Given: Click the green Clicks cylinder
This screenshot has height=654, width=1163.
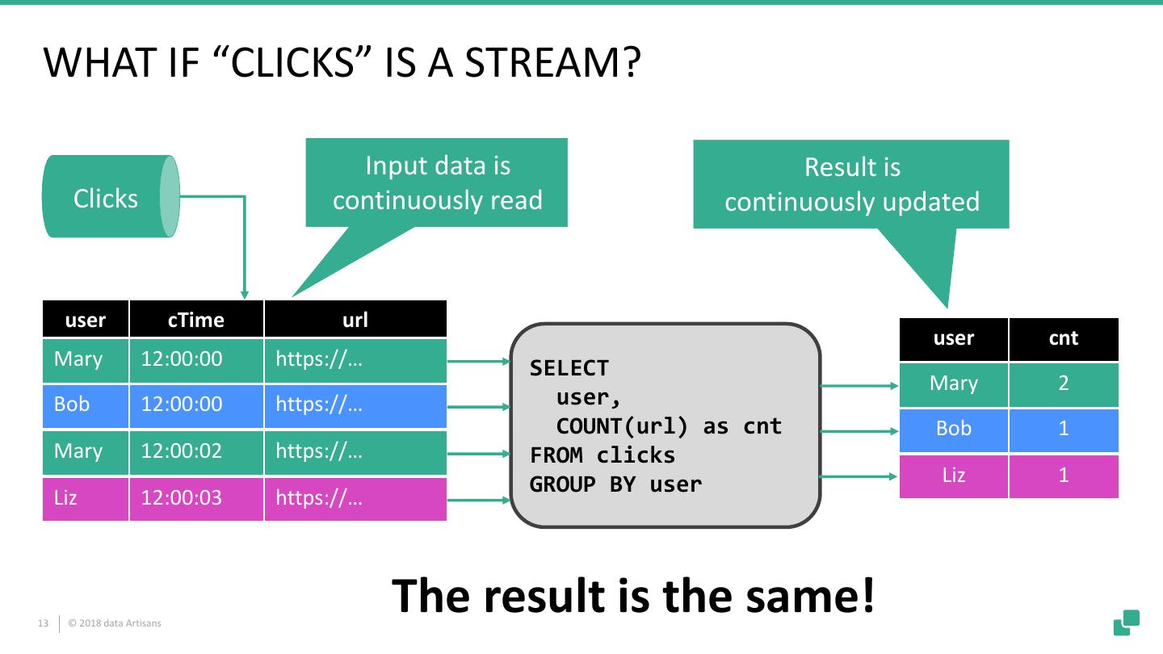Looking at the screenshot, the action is (x=111, y=197).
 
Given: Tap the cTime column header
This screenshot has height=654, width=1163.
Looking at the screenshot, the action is (x=196, y=319).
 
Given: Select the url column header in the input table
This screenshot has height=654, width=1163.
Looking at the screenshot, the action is (x=355, y=319).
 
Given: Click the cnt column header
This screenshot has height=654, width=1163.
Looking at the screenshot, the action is (x=1064, y=339).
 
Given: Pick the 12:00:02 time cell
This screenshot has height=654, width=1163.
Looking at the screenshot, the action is (x=196, y=451).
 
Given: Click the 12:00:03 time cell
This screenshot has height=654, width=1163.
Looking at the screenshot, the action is (x=196, y=498).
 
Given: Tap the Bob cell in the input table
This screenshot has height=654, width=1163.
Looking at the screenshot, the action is (x=85, y=405).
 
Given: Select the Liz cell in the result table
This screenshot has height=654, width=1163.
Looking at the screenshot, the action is (x=954, y=476).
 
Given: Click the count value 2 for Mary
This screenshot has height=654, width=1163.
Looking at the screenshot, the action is (x=1064, y=384).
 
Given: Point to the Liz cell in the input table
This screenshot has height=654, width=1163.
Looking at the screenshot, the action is (x=85, y=498).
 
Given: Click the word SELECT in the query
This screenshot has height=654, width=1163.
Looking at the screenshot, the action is (x=569, y=368).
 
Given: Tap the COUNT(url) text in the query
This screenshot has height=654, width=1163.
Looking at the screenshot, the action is (x=622, y=426).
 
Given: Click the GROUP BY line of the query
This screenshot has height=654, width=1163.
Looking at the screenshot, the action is (x=615, y=484).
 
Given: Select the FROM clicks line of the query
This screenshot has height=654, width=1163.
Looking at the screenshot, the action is (x=602, y=455).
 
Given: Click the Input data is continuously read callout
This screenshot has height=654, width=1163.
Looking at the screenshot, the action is (x=437, y=182).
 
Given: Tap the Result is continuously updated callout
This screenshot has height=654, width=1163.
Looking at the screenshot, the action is (x=851, y=184).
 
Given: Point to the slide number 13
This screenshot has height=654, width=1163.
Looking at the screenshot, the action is (x=43, y=623).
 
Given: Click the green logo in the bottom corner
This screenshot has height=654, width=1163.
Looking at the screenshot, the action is (x=1126, y=622).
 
